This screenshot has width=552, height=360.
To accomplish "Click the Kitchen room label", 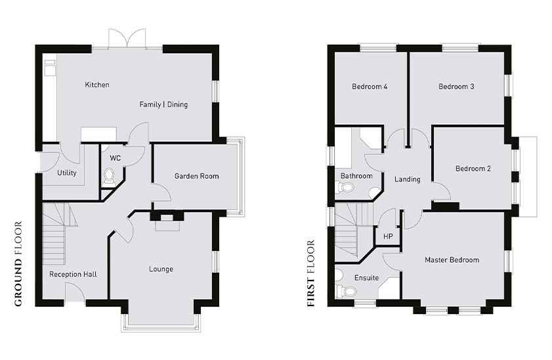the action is click(x=97, y=85).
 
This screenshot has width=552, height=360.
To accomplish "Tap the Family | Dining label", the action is click(x=163, y=104).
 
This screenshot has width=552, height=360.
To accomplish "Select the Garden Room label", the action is click(x=196, y=176).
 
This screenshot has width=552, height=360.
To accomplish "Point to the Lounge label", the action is click(x=161, y=269).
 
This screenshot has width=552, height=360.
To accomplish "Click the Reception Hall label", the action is click(x=73, y=274).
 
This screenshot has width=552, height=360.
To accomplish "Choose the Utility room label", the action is click(x=66, y=173).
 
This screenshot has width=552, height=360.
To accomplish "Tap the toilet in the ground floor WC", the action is click(x=109, y=177).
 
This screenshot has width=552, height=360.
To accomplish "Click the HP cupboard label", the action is click(x=388, y=236).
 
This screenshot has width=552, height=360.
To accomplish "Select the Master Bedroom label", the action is click(x=452, y=260).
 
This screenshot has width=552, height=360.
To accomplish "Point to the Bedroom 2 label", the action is click(x=473, y=168).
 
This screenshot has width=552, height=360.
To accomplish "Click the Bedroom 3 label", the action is click(x=456, y=86).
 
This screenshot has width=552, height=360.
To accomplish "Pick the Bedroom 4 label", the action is click(x=370, y=86).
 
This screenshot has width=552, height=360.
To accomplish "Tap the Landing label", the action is click(x=408, y=179).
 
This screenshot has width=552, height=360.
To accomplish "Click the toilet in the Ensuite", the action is click(x=346, y=291).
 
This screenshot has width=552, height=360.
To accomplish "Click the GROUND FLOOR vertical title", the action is click(x=18, y=264).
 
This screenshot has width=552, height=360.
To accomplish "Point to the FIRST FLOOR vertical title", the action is click(x=310, y=273).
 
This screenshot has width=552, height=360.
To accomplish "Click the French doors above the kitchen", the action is click(x=127, y=38).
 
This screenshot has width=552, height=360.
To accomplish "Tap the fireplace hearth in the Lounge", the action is click(x=167, y=226).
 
